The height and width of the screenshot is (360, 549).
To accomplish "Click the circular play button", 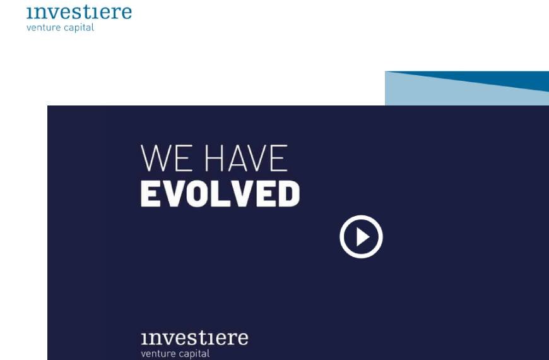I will click(x=361, y=237).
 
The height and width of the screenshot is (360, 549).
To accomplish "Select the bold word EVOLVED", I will click(x=220, y=194).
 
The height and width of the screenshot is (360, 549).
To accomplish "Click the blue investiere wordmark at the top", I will click(x=79, y=12).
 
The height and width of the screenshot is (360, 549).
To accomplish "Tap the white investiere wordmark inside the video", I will click(x=194, y=337).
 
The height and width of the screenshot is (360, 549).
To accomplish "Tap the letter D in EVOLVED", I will click(x=288, y=194).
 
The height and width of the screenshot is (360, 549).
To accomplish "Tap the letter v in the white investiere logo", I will click(x=163, y=339).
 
